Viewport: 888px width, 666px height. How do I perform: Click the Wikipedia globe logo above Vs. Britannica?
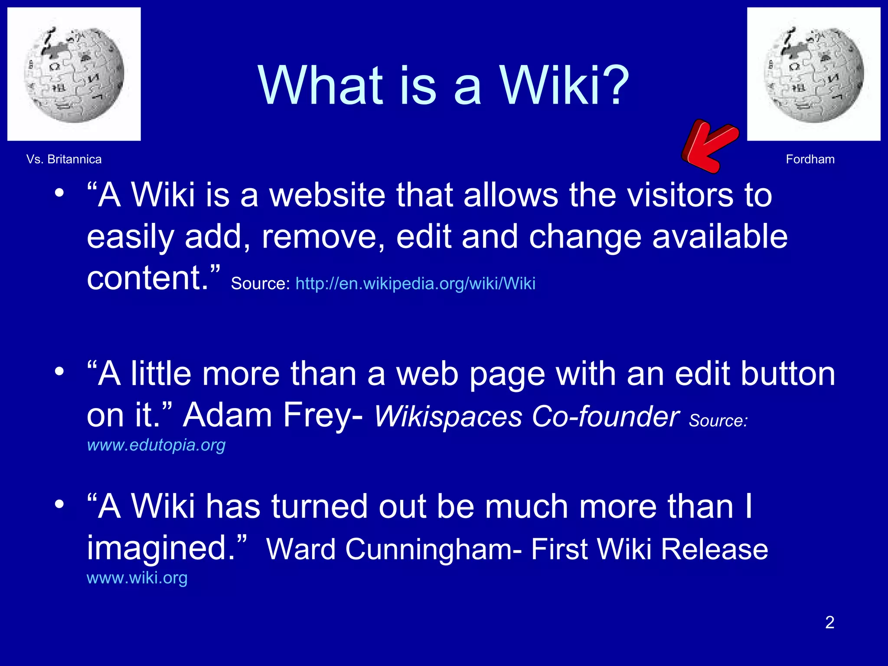click(x=74, y=74)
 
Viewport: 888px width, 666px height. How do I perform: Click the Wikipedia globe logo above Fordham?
click(x=813, y=74)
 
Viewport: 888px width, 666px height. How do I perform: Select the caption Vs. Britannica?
click(x=64, y=159)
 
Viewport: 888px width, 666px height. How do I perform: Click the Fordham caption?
click(x=810, y=159)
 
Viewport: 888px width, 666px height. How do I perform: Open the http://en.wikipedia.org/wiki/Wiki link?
click(x=415, y=284)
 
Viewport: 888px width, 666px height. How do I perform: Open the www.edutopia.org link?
click(x=156, y=445)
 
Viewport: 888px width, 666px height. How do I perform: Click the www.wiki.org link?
click(x=137, y=578)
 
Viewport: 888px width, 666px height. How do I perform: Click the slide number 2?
click(x=829, y=622)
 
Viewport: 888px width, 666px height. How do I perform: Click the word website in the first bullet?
click(x=327, y=195)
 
